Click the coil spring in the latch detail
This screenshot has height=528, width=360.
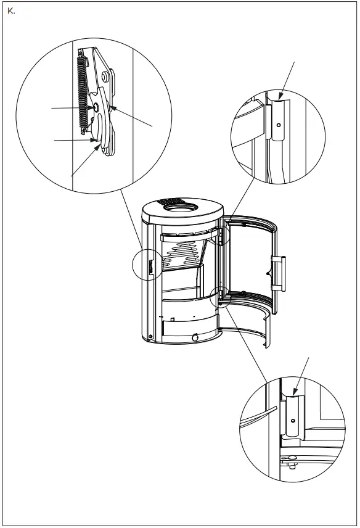81,93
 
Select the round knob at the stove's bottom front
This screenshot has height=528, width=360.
195,337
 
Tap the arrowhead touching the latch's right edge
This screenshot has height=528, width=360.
113,109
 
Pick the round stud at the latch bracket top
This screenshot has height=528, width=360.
105,76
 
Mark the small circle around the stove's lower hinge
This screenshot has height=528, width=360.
219,296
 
